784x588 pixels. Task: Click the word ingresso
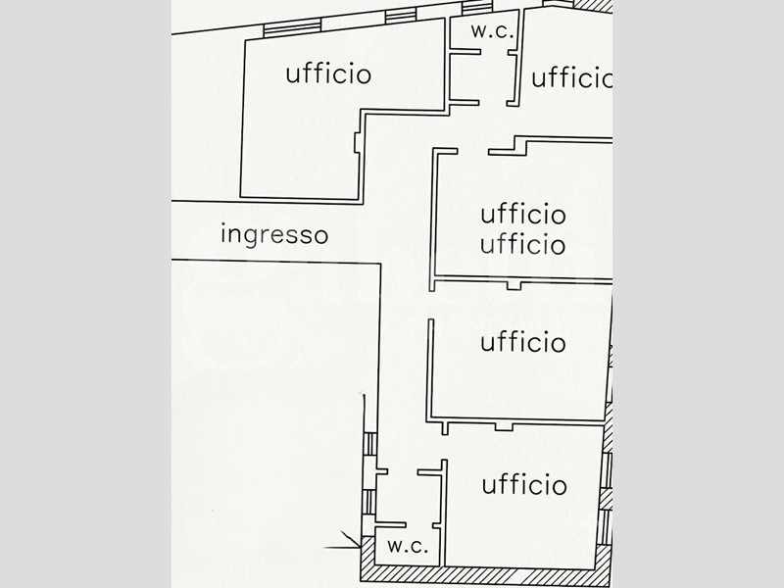pos(274,235)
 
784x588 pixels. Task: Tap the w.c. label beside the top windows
pos(492,31)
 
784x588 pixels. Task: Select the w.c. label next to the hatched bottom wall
pos(408,546)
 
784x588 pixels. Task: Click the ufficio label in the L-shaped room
pos(328,73)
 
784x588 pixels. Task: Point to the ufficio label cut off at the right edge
pos(572,78)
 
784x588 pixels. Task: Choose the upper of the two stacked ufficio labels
pos(523,214)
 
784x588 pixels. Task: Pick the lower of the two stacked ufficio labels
pos(523,244)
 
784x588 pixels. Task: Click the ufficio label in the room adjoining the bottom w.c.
pos(524,484)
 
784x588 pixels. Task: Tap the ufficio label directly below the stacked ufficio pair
pos(523,342)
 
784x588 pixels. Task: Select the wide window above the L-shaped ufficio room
pos(292,29)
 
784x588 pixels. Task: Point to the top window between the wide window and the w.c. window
pos(401,16)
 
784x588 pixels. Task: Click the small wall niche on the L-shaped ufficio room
pos(357,142)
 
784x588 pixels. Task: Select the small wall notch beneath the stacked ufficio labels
pos(514,285)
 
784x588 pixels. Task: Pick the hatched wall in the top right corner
pos(593,5)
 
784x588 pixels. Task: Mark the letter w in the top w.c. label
pos(479,32)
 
